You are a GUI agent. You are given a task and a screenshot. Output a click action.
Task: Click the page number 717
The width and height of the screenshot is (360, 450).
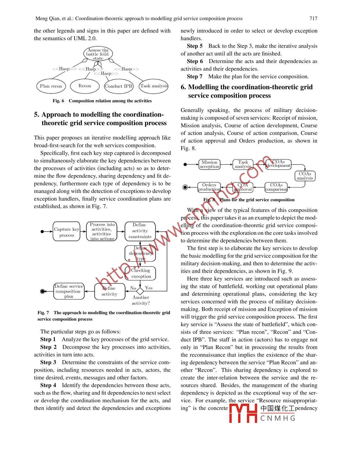(x=313, y=19)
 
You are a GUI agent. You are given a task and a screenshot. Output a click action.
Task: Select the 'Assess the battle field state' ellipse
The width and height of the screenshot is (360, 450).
(x=98, y=54)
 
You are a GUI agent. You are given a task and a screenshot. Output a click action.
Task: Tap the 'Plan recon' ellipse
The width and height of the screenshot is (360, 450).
(x=51, y=86)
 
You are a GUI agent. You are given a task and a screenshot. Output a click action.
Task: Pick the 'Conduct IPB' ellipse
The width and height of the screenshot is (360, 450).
(x=119, y=86)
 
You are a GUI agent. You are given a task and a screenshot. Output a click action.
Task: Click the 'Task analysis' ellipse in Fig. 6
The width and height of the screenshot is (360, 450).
(x=154, y=86)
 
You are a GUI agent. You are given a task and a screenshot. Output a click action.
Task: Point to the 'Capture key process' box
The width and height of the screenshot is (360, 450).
(x=67, y=232)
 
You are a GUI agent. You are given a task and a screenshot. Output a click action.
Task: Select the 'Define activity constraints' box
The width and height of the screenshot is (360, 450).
(x=140, y=231)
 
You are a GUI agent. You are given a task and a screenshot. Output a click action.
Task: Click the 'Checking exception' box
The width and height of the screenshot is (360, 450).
(x=141, y=273)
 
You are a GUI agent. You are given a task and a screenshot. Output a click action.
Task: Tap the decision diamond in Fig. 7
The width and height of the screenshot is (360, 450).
(x=140, y=290)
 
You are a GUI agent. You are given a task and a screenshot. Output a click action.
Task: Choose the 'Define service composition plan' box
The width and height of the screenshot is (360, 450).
(x=69, y=291)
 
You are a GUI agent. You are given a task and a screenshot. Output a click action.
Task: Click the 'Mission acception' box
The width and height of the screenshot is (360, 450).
(x=209, y=164)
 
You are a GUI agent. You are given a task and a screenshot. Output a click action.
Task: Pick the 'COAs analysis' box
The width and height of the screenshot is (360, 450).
(x=305, y=176)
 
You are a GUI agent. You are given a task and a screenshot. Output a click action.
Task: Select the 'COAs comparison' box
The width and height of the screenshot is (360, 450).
(x=276, y=187)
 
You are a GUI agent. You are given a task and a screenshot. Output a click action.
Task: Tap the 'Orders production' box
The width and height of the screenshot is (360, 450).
(x=209, y=187)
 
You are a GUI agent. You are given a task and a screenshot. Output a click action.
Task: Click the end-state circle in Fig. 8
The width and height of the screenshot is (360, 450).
(x=185, y=187)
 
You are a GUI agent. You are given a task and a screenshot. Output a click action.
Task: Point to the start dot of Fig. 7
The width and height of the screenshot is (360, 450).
(x=42, y=232)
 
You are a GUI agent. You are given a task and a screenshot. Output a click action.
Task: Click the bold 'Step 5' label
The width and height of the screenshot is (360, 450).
(x=195, y=46)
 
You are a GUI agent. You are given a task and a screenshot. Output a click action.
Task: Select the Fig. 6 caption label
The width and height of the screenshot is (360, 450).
(x=58, y=101)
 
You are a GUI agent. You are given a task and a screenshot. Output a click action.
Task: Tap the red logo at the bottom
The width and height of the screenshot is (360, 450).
(x=243, y=413)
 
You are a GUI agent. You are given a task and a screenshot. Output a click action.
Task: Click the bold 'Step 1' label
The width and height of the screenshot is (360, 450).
(x=48, y=339)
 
